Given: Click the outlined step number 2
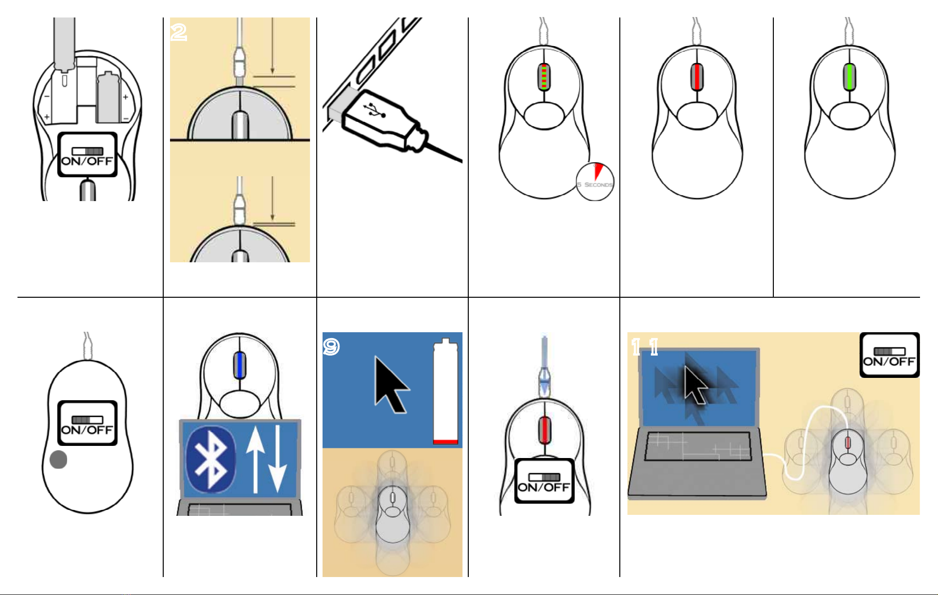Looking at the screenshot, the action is click(x=179, y=33).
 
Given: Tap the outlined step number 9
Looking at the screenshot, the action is click(x=331, y=347).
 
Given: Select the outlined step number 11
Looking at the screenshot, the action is click(x=645, y=347).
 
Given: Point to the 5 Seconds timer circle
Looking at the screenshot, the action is click(x=595, y=182).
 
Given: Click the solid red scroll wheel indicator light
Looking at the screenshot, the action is click(x=697, y=77).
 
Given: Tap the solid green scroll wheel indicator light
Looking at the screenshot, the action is click(x=850, y=77).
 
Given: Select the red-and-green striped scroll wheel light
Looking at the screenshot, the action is click(x=544, y=77).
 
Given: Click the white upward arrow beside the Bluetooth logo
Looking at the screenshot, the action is click(x=255, y=457).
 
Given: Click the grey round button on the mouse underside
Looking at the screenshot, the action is click(x=58, y=459).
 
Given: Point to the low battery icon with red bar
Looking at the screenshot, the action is click(x=445, y=391).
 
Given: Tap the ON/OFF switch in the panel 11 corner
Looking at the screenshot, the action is click(x=889, y=355).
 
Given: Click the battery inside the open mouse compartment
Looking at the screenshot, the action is click(x=108, y=97).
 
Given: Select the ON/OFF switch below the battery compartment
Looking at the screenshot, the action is click(x=87, y=154).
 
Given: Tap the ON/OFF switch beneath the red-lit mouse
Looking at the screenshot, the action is click(x=544, y=481).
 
